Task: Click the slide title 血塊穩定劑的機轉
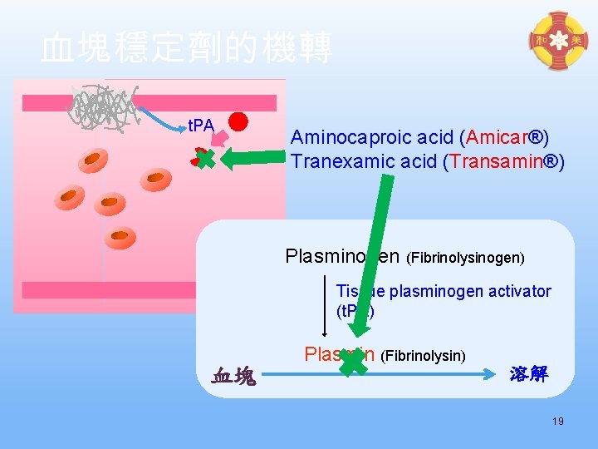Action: [187, 47]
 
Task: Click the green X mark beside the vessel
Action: [204, 157]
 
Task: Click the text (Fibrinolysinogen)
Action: [465, 258]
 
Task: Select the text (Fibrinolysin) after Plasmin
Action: [424, 356]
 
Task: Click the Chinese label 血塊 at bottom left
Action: [235, 376]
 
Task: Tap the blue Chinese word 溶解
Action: [529, 374]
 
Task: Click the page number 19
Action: [557, 422]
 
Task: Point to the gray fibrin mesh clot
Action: [105, 106]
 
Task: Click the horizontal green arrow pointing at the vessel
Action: [253, 159]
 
